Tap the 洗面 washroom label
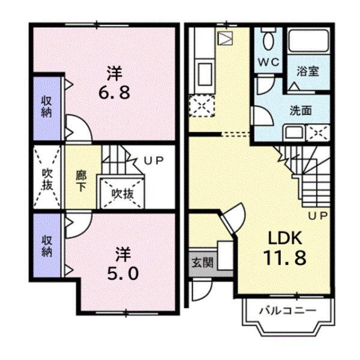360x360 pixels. click(301, 110)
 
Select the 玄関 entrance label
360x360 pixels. click(200, 262)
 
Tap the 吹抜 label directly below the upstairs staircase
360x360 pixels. click(121, 193)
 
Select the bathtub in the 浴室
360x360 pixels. click(308, 42)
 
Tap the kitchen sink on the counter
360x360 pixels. click(203, 74)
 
